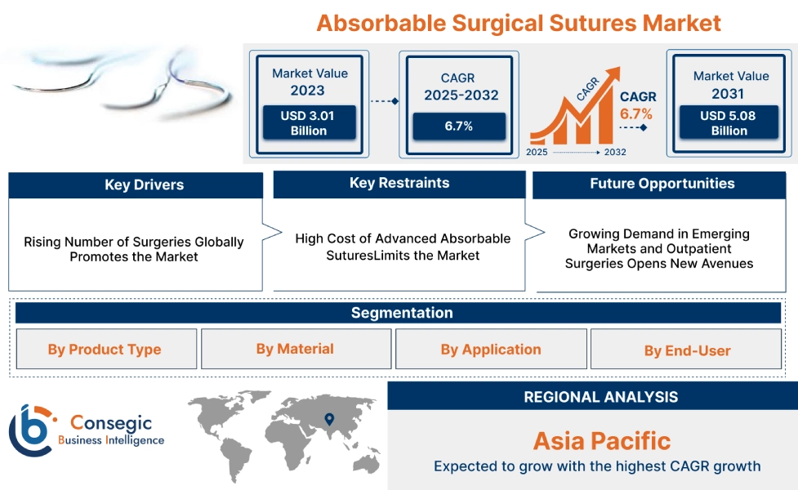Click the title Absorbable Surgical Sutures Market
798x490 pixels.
519,22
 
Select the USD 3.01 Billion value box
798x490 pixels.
308,123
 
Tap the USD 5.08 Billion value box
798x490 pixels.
729,123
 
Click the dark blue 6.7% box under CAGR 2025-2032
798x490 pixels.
458,126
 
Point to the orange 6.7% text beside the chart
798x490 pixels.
636,114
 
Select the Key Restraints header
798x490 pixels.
399,184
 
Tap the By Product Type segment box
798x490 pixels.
105,350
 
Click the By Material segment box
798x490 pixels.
295,349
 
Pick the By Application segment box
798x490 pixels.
491,350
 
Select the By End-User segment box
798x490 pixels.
687,350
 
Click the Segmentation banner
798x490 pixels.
402,313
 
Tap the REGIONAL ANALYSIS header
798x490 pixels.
600,397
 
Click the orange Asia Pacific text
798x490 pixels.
601,441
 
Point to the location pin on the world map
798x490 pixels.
329,419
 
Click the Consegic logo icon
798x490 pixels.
30,430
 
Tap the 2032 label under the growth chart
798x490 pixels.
615,153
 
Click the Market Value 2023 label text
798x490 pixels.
309,82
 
